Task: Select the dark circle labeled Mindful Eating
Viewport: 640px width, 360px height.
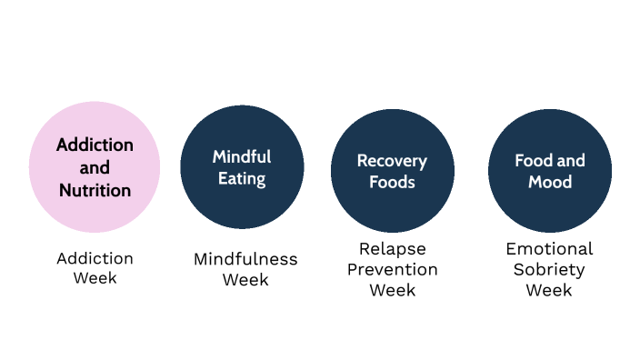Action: click(242, 167)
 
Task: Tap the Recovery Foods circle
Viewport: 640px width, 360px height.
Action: click(392, 171)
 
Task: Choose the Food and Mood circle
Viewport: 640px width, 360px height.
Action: click(549, 171)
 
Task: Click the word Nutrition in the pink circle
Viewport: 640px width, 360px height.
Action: click(95, 191)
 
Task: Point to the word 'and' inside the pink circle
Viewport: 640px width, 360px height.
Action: click(95, 168)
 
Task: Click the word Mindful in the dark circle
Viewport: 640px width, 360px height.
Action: click(242, 156)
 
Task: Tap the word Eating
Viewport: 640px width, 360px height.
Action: click(242, 178)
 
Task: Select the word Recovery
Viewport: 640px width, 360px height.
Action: click(392, 161)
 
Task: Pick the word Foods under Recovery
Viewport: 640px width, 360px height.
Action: click(392, 182)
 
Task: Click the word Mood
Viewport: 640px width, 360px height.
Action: click(549, 182)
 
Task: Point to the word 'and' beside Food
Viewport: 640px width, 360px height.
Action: click(571, 161)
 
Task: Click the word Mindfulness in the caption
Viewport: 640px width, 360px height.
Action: click(245, 259)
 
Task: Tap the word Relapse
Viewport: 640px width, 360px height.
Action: click(392, 248)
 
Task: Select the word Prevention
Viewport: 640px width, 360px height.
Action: click(392, 269)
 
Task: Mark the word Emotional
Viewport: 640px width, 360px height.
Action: click(549, 248)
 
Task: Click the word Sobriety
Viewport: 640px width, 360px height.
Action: click(549, 269)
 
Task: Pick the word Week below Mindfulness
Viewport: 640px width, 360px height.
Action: click(245, 280)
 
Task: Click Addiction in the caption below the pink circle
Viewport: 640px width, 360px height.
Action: click(95, 258)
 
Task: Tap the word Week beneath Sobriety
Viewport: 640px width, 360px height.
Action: click(549, 290)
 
